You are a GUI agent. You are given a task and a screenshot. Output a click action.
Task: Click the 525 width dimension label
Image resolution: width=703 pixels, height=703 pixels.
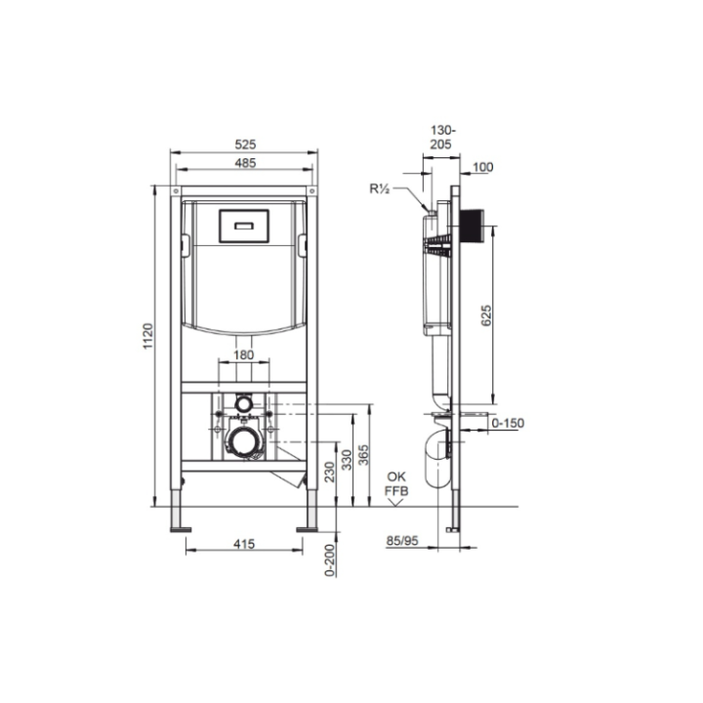pyautogui.click(x=245, y=144)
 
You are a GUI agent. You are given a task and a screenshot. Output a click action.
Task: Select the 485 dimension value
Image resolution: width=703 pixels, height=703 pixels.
pyautogui.click(x=245, y=163)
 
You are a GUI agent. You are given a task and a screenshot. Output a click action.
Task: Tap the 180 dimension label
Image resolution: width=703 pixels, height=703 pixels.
pyautogui.click(x=243, y=354)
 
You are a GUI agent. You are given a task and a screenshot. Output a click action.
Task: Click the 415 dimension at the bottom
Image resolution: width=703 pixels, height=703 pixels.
pyautogui.click(x=245, y=545)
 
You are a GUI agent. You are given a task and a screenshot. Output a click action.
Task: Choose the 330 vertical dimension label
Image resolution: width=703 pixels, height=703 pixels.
pyautogui.click(x=347, y=459)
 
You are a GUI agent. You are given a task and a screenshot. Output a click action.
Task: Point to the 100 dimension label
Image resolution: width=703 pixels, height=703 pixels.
pyautogui.click(x=482, y=168)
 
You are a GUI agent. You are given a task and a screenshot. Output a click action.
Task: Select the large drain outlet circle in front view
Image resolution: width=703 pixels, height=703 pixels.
pyautogui.click(x=244, y=442)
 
